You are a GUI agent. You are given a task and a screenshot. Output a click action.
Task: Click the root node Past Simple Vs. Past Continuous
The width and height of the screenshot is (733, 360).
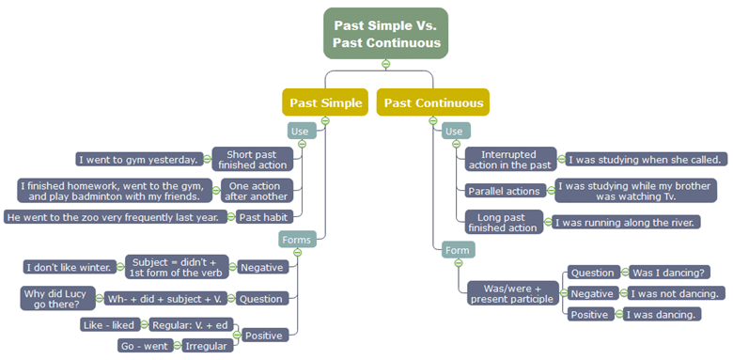pos(385,33)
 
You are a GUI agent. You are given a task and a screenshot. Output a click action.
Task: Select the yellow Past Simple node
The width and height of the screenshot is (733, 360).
pos(325,102)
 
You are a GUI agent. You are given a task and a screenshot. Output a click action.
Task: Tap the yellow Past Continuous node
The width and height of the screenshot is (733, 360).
pos(433,102)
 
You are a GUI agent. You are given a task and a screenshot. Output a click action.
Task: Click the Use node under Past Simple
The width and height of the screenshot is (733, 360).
pos(301,132)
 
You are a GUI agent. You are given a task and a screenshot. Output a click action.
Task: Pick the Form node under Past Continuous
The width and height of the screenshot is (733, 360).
pos(459,249)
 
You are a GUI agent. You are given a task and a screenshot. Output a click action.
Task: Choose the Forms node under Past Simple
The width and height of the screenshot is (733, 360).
pos(297,240)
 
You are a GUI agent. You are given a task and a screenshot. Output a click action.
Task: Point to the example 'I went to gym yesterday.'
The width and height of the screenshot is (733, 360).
pos(138,159)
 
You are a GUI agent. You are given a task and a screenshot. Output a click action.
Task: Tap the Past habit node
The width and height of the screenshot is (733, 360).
pos(261,217)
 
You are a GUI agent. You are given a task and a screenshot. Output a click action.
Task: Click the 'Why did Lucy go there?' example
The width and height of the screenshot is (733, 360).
pos(57,299)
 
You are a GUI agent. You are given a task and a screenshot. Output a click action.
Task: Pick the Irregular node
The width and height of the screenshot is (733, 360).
pos(208,345)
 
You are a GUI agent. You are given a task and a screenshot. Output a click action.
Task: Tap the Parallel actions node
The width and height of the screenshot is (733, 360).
pos(504,191)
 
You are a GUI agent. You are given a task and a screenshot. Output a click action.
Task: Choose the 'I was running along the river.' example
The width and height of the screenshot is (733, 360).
pos(627,223)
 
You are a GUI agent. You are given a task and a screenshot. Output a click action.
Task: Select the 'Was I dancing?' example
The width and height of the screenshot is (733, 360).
pos(670,273)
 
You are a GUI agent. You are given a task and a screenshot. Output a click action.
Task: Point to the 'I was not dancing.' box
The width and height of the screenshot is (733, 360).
pos(676,293)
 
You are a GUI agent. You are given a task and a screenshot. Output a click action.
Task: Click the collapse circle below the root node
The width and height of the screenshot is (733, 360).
pos(385,64)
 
